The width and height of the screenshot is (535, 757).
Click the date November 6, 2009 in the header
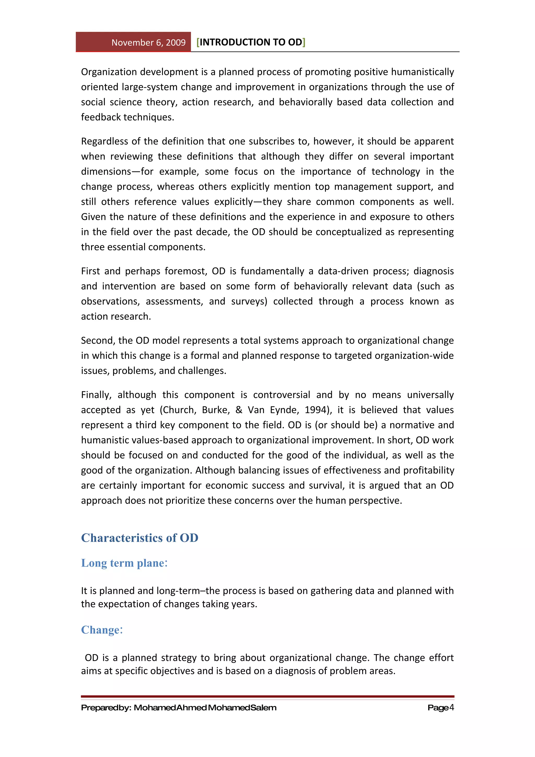(x=148, y=43)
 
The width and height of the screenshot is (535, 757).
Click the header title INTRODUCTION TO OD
(x=251, y=42)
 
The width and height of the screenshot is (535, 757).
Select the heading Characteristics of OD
(x=139, y=538)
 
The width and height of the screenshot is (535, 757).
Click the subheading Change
(x=102, y=630)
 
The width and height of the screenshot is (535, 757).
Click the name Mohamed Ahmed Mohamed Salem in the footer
(x=205, y=708)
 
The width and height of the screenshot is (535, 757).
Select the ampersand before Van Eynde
(x=239, y=410)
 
